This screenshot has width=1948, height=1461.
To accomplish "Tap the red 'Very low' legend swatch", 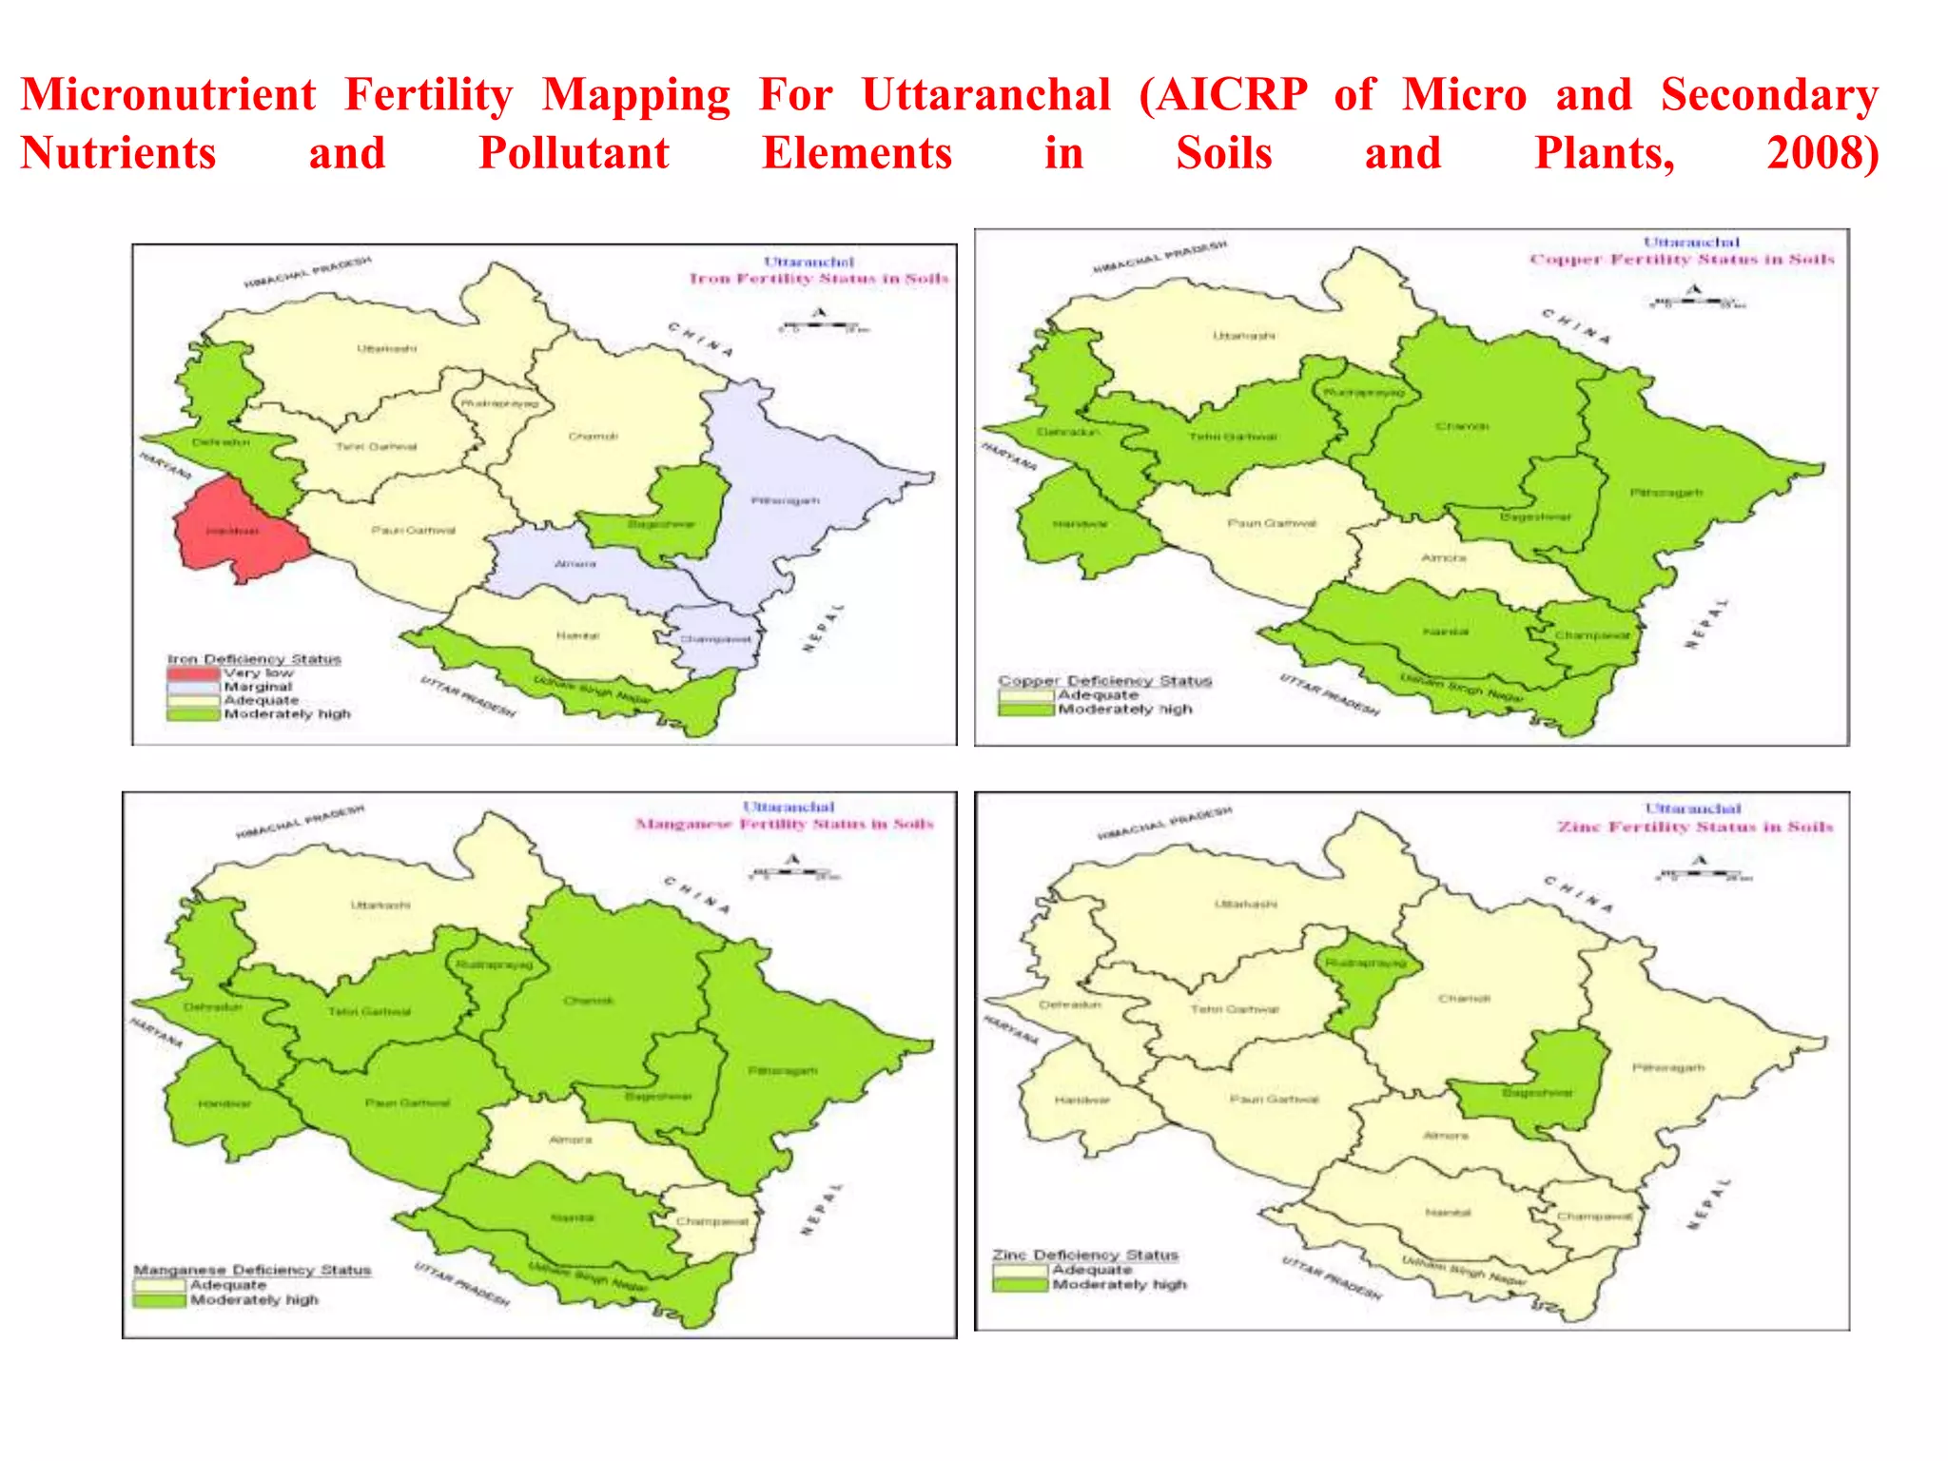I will pos(192,673).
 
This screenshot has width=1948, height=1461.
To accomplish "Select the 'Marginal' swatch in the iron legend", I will pos(192,687).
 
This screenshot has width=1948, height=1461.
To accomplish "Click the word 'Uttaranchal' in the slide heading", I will pos(985,95).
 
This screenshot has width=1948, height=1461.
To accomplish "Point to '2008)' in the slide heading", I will pos(1822,154).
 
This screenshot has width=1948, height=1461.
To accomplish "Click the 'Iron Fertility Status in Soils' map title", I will pos(818,279).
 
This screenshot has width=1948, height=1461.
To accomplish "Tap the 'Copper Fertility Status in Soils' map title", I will pos(1682,259).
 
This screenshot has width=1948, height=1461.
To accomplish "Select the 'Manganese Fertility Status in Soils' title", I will pos(785,824).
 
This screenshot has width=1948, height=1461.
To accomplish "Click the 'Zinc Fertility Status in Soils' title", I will pos(1695,827).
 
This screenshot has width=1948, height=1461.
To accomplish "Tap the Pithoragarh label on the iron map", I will pos(786,500).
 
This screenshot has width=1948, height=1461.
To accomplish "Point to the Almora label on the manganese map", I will pos(571,1140).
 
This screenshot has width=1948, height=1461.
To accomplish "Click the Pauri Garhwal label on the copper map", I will pos(1272,523).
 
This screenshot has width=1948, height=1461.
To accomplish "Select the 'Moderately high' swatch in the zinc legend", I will pos(1020,1284).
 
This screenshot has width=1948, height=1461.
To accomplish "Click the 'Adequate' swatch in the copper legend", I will pos(1026,695).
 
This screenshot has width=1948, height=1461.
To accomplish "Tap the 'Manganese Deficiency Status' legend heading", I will pos(252,1270).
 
